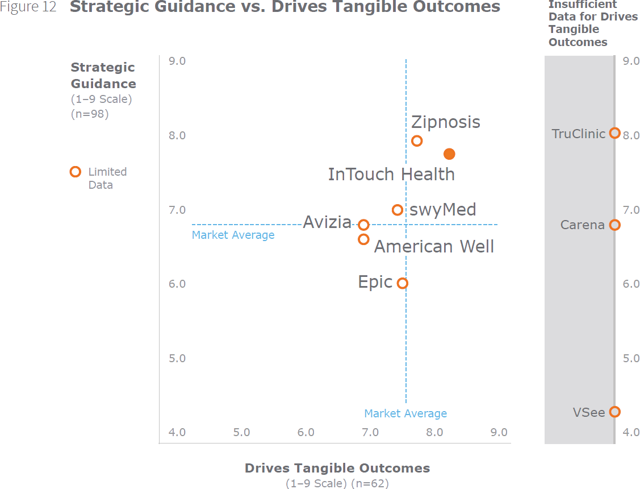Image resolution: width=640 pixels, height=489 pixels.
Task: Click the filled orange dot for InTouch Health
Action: click(449, 154)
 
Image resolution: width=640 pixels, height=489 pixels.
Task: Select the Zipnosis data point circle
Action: click(417, 140)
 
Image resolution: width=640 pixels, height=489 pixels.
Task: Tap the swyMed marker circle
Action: click(398, 210)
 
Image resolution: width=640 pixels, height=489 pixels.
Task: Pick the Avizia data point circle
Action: click(364, 225)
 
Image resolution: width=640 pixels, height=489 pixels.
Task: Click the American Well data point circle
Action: click(364, 239)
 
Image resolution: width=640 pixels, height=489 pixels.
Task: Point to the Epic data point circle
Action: click(403, 283)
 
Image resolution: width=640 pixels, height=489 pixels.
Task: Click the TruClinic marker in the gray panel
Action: click(614, 133)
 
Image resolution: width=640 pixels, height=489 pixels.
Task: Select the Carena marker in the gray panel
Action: click(614, 225)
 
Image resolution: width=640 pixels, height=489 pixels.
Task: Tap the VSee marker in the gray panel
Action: click(614, 412)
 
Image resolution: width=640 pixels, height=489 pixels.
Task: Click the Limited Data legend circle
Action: click(75, 172)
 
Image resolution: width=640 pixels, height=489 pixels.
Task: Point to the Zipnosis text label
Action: click(446, 122)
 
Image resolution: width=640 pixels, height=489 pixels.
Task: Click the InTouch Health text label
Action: click(391, 174)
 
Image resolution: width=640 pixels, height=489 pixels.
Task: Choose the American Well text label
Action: click(434, 246)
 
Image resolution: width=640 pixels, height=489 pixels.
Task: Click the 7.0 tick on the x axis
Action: click(370, 432)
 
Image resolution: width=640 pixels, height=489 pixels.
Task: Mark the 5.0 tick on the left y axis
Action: click(177, 358)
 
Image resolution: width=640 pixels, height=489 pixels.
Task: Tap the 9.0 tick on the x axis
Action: click(499, 432)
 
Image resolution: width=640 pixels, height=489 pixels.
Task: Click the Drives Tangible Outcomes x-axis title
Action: click(337, 468)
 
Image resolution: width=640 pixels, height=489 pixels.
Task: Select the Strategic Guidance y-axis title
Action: click(103, 76)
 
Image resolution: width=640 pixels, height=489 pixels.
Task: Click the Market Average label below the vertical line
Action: click(405, 413)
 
